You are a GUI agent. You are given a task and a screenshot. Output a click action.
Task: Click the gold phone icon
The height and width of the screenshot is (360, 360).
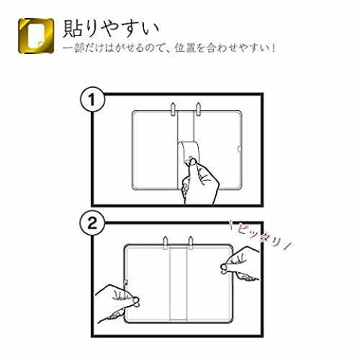[x=36, y=36]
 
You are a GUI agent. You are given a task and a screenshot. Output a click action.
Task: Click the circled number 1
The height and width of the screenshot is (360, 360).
[x=92, y=99]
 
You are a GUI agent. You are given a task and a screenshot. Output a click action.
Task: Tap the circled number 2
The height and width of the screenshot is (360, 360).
[x=92, y=223]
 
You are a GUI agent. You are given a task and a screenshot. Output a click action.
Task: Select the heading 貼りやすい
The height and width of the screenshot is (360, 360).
[x=111, y=28]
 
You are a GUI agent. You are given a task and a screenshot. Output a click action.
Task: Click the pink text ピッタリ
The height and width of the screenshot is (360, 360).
[x=261, y=236]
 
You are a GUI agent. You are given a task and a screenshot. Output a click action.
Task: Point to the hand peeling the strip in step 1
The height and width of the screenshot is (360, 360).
[x=199, y=182]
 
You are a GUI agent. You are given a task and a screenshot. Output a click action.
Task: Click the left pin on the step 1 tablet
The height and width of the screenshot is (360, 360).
[x=173, y=109]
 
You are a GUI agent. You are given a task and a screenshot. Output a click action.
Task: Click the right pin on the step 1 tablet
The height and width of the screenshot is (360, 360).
[x=198, y=109]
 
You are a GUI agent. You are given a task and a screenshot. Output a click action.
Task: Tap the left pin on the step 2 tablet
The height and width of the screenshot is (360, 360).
[x=166, y=243]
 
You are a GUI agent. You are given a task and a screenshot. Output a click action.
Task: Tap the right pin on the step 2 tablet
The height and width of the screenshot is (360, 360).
[x=191, y=243]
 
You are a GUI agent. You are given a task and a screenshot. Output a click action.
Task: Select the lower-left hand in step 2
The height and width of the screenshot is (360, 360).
[x=117, y=304]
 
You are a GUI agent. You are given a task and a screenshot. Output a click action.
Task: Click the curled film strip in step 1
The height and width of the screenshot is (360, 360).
[x=189, y=153]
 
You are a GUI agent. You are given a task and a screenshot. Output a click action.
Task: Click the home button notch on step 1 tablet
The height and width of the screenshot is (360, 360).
[x=239, y=149]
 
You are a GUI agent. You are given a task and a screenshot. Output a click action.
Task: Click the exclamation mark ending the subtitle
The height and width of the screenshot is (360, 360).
[x=273, y=48]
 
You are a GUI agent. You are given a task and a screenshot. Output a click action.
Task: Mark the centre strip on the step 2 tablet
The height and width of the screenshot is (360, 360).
[x=178, y=284]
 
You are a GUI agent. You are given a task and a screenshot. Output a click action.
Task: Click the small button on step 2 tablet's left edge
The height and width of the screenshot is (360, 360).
[x=126, y=282]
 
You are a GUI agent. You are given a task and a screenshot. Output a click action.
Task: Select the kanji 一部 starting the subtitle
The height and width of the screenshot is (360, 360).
[x=73, y=48]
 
